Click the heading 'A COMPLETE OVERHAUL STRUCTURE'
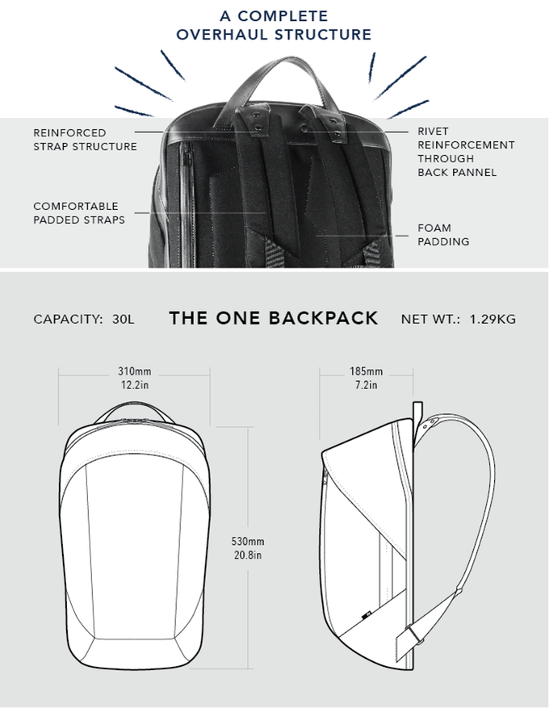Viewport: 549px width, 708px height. click(x=274, y=25)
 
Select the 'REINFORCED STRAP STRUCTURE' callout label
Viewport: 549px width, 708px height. click(x=85, y=139)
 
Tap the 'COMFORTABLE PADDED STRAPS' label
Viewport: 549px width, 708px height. click(x=78, y=212)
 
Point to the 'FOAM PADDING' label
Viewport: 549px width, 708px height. click(x=443, y=234)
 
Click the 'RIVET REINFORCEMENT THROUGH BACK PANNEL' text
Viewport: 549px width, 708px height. click(x=465, y=151)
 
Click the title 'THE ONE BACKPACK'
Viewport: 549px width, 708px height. click(x=274, y=318)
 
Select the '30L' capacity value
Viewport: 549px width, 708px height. click(x=124, y=319)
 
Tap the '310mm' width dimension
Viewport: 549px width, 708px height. click(x=135, y=372)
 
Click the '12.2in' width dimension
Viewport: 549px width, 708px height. click(x=135, y=385)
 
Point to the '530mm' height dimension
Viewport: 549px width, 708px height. click(x=248, y=542)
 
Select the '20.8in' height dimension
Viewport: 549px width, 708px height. click(x=248, y=555)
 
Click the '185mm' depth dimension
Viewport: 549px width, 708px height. click(x=367, y=372)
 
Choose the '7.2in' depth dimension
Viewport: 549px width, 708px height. click(x=367, y=385)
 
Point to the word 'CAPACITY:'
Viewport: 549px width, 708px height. click(x=68, y=319)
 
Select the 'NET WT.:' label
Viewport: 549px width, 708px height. click(x=430, y=319)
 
